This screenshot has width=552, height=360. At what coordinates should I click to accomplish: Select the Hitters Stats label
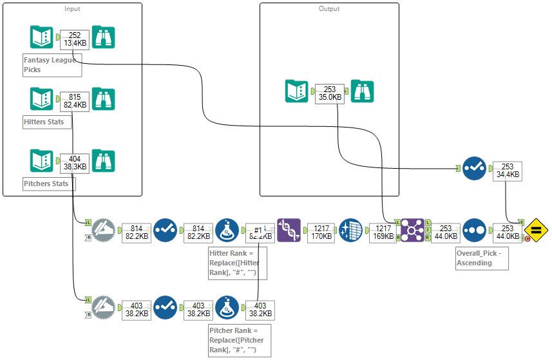point(44,121)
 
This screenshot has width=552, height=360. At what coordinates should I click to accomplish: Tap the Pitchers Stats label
point(46,184)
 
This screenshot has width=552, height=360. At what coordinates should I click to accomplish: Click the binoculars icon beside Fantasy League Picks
point(103,38)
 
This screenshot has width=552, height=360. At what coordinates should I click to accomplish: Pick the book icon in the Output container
point(297,91)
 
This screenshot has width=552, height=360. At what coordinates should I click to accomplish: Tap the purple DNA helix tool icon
point(288,230)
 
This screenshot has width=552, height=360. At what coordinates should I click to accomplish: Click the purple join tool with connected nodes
point(413,230)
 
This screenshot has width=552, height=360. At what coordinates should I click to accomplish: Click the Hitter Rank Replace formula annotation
point(236,262)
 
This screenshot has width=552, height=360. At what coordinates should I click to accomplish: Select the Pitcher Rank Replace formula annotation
point(236,341)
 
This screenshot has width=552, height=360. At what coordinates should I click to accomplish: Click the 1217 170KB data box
point(320,232)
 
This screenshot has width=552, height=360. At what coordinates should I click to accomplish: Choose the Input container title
point(73,8)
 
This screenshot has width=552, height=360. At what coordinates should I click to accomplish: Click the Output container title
point(329,8)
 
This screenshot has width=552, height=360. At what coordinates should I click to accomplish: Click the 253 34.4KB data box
point(506,170)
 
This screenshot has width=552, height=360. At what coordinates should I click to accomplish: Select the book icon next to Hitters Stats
point(42,99)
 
